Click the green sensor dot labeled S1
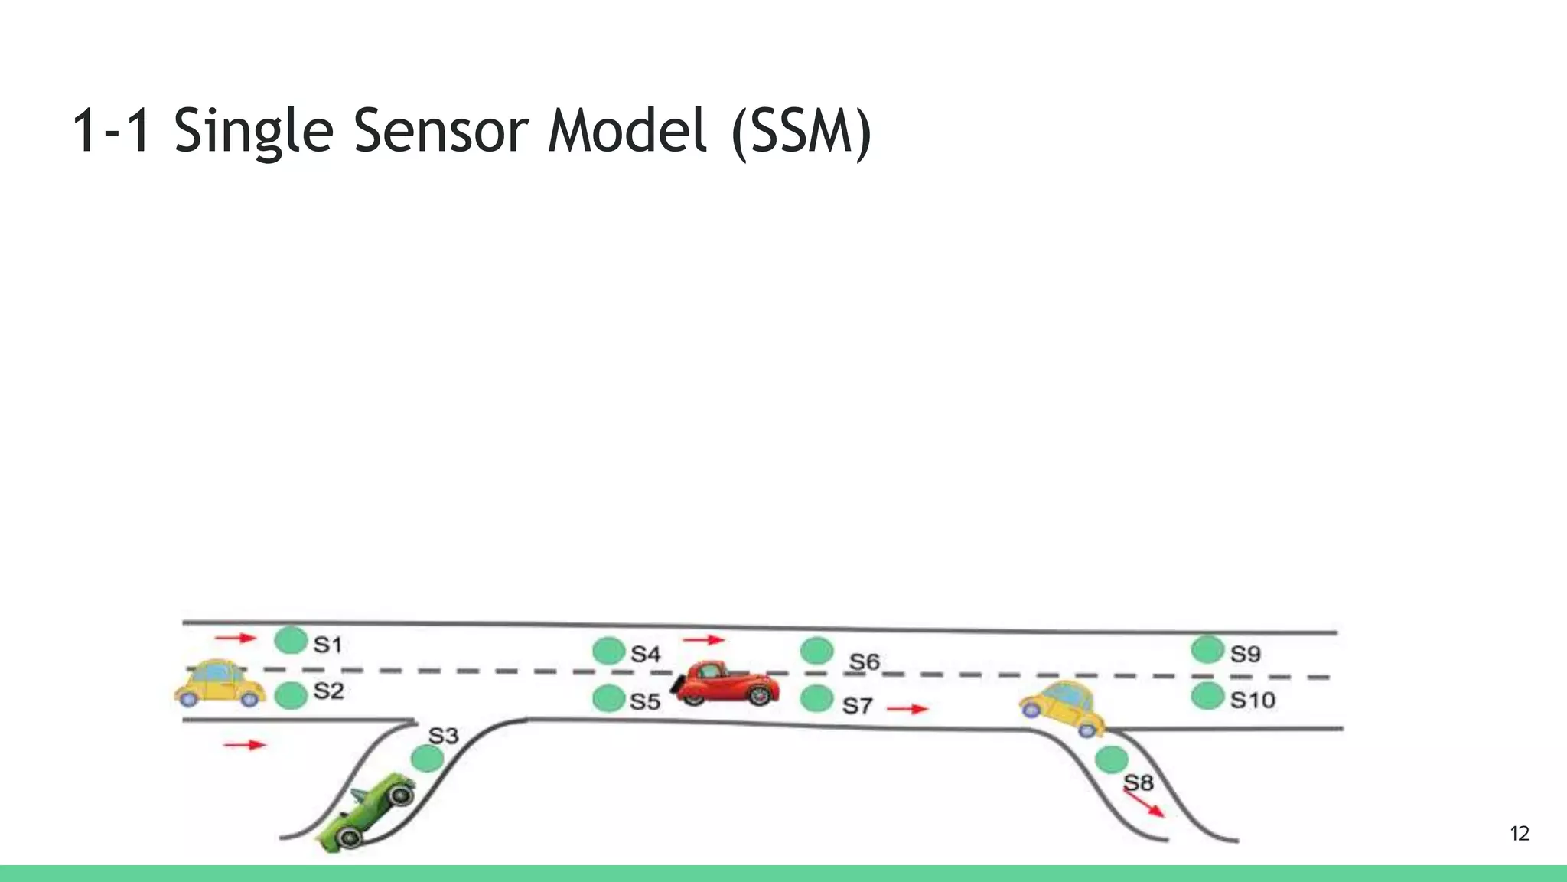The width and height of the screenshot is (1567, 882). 291,640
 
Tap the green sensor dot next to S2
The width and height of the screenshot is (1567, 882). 291,695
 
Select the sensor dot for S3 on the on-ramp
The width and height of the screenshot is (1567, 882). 427,758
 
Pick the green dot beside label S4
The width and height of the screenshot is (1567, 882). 609,652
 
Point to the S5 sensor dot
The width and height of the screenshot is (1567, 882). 609,698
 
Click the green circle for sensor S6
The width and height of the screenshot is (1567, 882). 816,651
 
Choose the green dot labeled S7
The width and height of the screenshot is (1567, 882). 816,698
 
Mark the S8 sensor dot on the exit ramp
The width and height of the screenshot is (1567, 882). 1111,759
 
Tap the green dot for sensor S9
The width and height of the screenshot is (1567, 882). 1207,650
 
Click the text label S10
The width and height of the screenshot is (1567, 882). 1253,700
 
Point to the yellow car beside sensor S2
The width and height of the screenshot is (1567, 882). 219,683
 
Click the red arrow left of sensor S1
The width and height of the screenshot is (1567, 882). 235,638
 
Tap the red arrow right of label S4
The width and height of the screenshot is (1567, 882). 703,639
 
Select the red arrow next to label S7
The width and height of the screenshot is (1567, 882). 907,709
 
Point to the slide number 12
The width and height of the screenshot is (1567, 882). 1520,834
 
